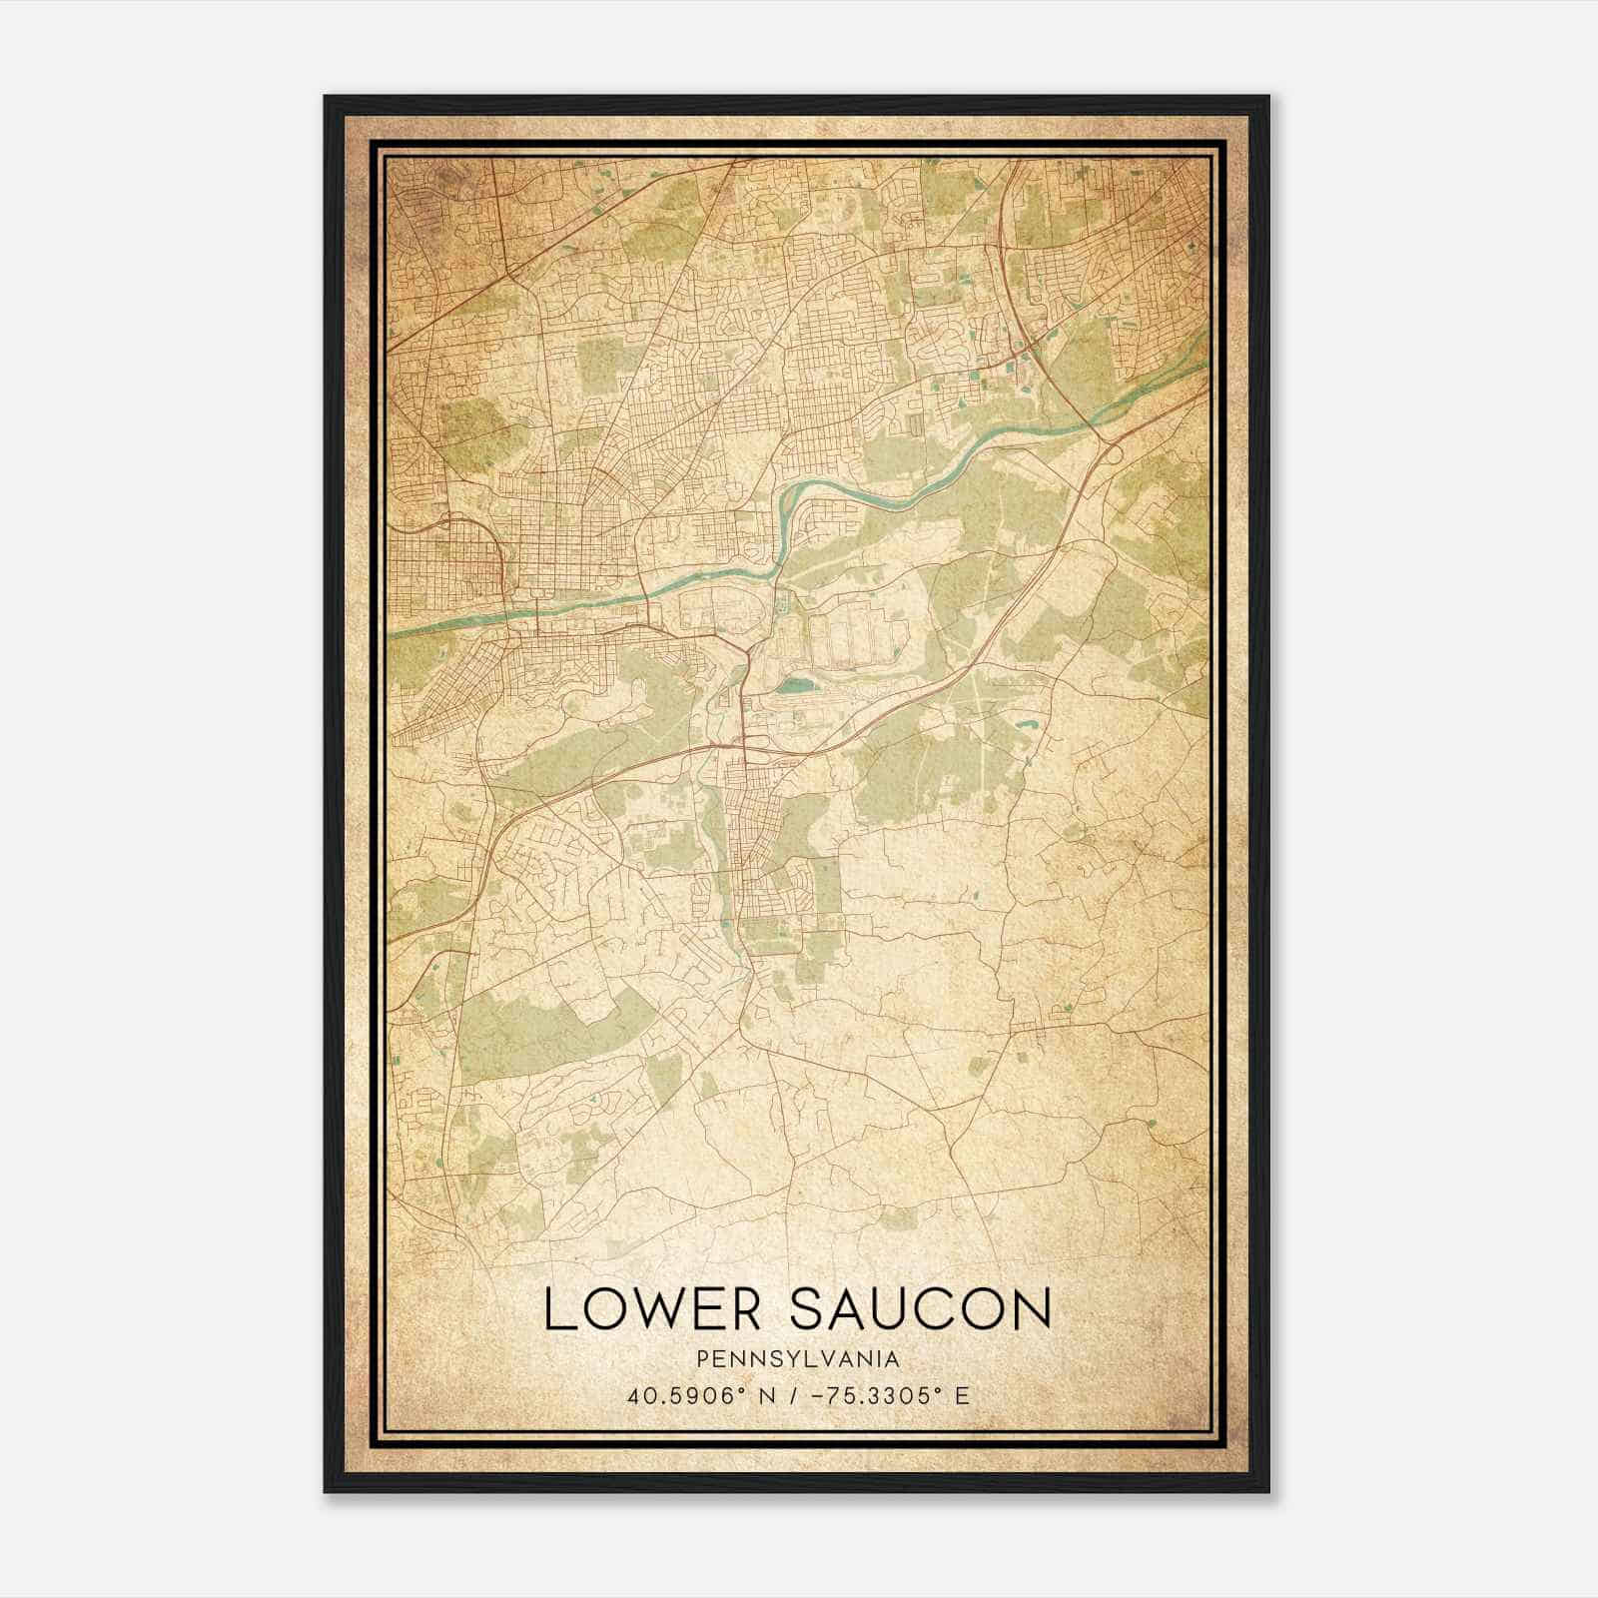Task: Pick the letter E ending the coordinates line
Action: (x=962, y=1395)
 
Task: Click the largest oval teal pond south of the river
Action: (x=796, y=686)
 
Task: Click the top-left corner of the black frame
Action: (x=326, y=97)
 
